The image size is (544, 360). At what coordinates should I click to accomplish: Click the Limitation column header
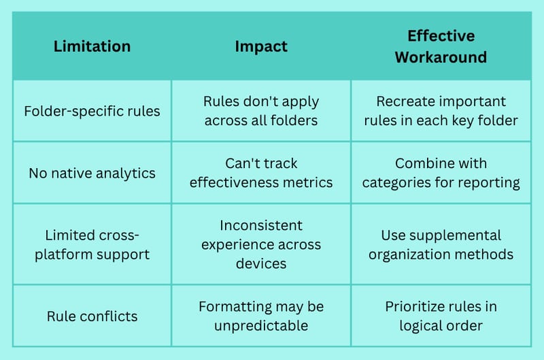click(92, 46)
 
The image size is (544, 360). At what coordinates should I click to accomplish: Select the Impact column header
click(261, 46)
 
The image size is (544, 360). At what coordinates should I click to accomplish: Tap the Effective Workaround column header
click(441, 46)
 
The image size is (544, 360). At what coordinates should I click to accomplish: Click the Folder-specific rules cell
click(92, 111)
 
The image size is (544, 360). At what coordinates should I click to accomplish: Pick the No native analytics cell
click(92, 173)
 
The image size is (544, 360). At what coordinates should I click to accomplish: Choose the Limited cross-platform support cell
click(92, 245)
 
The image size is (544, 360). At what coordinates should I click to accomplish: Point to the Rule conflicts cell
click(92, 316)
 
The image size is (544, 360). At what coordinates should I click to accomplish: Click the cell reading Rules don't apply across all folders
click(261, 111)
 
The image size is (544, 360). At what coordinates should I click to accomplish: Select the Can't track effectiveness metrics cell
click(261, 173)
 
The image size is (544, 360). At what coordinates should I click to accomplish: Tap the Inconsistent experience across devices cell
click(261, 244)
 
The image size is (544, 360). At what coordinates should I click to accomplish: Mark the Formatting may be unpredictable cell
click(261, 316)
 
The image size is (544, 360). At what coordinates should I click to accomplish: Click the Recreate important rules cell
click(441, 111)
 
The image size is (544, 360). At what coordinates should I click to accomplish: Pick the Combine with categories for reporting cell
click(441, 173)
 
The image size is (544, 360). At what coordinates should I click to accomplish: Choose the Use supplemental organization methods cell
click(441, 245)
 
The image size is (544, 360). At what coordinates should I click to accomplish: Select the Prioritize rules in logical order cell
click(441, 316)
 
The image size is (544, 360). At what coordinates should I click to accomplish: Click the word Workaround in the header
click(441, 57)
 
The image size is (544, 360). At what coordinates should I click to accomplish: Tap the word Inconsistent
click(261, 225)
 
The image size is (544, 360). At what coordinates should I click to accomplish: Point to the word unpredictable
click(261, 325)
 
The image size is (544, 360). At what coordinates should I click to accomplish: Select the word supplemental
click(455, 235)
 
